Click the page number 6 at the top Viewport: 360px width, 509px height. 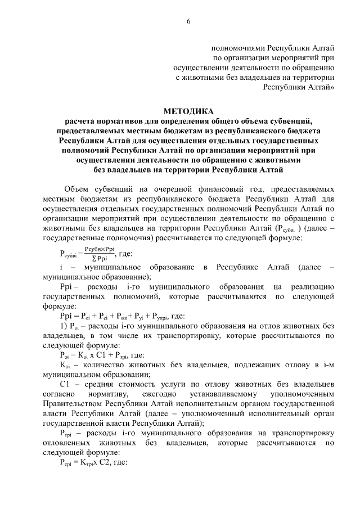[x=189, y=21]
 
